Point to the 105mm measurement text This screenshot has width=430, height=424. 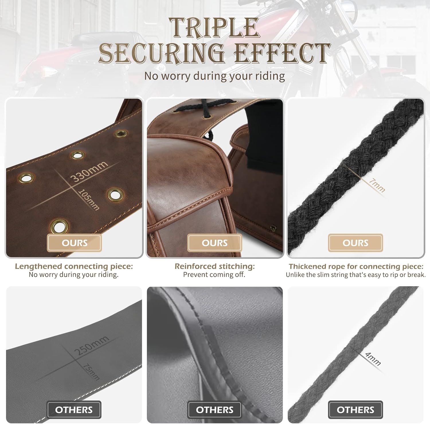(x=89, y=200)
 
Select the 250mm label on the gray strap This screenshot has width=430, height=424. (x=91, y=345)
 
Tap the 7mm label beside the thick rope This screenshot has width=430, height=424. (x=377, y=185)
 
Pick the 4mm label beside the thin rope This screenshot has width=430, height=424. (x=373, y=359)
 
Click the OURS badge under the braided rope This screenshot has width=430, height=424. (x=355, y=243)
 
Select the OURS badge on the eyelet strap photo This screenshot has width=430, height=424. (x=75, y=243)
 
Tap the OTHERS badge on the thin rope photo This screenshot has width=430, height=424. (x=355, y=410)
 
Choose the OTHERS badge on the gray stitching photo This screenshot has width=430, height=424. (x=215, y=410)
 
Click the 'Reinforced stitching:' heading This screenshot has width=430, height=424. (x=215, y=266)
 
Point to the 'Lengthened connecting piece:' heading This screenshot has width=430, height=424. (x=74, y=266)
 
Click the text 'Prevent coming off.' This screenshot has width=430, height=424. (x=214, y=275)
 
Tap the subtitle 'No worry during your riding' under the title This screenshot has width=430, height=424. (x=214, y=76)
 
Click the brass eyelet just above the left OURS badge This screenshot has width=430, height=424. (x=59, y=227)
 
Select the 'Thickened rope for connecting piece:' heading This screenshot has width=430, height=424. (x=356, y=266)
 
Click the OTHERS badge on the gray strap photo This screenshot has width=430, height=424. (x=74, y=410)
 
